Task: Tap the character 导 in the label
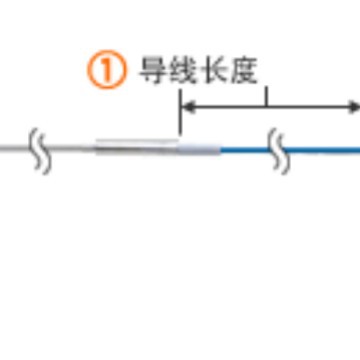coord(154,72)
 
